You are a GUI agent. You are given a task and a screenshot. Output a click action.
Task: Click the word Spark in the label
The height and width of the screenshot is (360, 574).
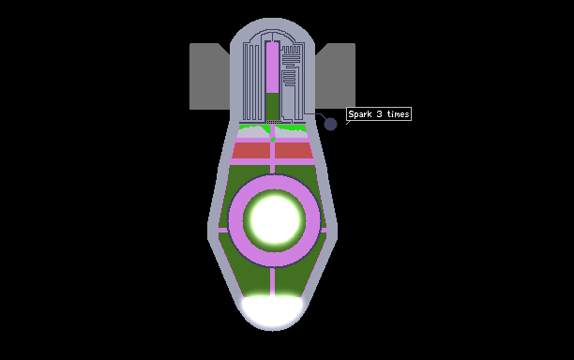[360, 114]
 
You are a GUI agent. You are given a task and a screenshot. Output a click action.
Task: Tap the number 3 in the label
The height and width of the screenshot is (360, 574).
[379, 114]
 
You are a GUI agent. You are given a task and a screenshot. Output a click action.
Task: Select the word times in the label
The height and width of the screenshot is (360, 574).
[398, 114]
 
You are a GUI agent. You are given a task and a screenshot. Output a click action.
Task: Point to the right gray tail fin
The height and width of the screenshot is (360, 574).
[336, 76]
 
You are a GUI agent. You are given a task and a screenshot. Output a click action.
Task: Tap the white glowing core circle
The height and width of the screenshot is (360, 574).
[274, 220]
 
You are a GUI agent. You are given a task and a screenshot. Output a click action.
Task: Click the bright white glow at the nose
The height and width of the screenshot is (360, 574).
[272, 311]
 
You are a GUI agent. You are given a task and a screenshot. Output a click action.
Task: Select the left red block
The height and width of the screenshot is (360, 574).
[251, 150]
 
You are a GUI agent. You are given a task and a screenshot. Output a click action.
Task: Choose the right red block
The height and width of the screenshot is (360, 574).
[294, 150]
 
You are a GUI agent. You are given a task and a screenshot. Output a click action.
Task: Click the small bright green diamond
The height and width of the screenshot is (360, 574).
[272, 140]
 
